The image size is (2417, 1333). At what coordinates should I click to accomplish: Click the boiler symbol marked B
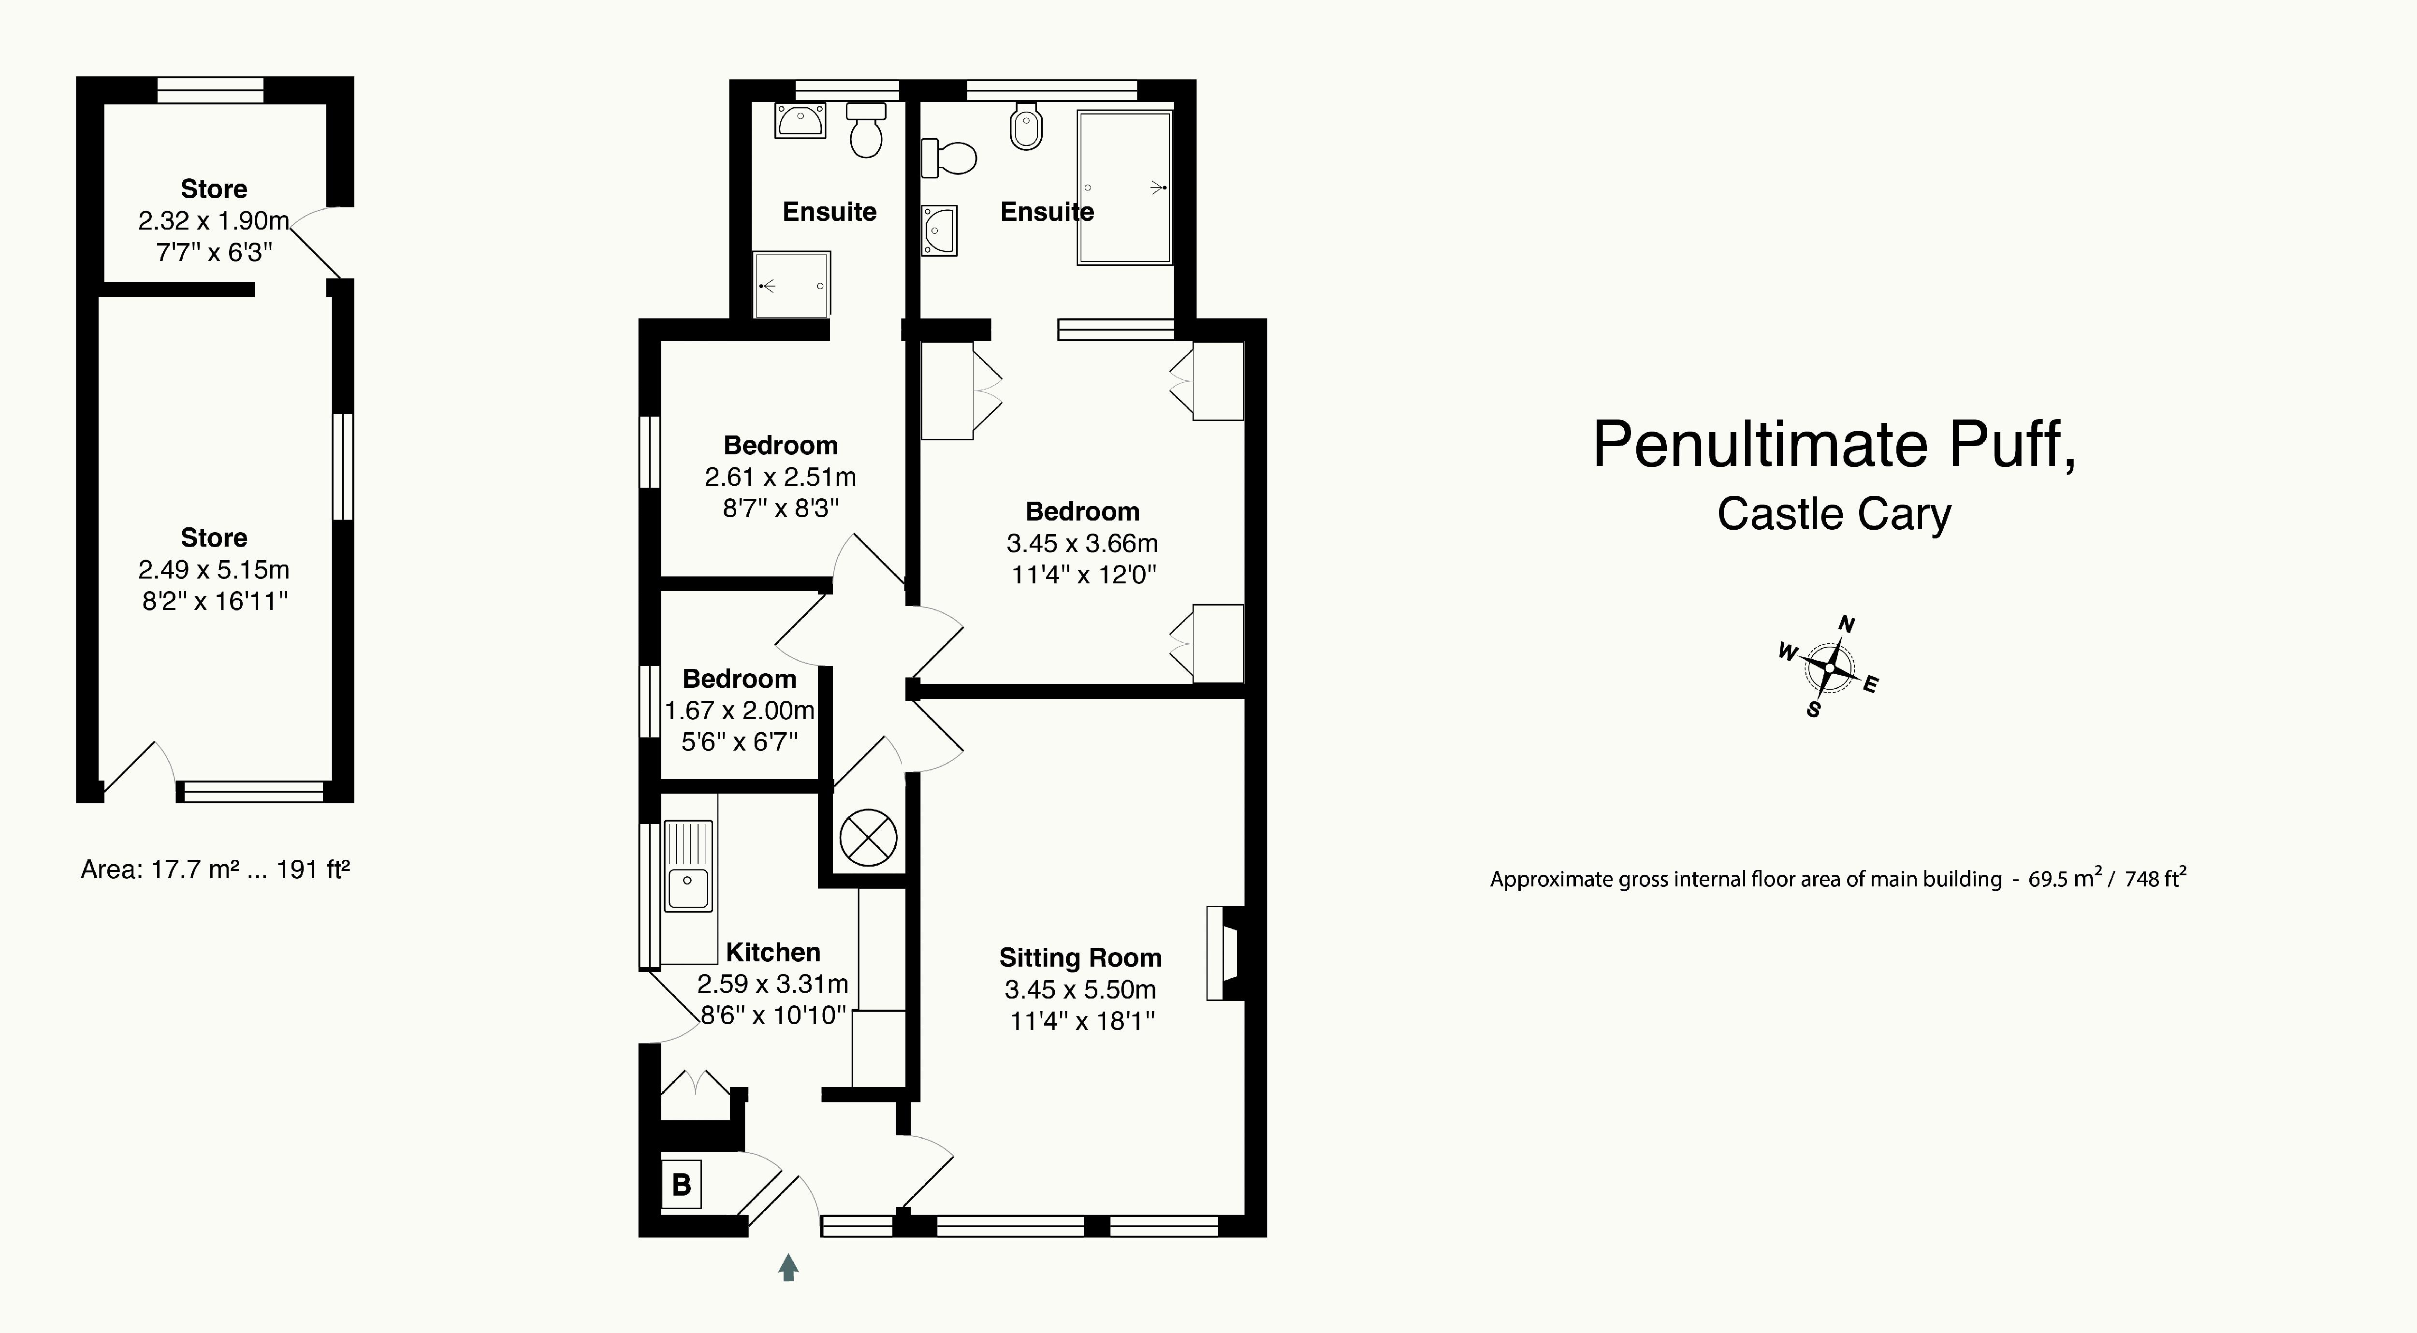681,1184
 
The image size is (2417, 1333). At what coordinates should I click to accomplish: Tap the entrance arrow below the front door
788,1267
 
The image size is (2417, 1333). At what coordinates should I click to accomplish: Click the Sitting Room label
1080,958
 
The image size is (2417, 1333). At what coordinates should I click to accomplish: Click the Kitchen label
773,952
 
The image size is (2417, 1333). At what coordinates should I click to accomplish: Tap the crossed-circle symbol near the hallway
868,837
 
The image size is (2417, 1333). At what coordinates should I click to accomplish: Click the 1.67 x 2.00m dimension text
740,710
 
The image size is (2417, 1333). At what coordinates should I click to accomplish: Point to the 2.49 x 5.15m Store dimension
214,569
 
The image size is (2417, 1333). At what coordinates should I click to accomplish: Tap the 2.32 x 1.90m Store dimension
214,220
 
